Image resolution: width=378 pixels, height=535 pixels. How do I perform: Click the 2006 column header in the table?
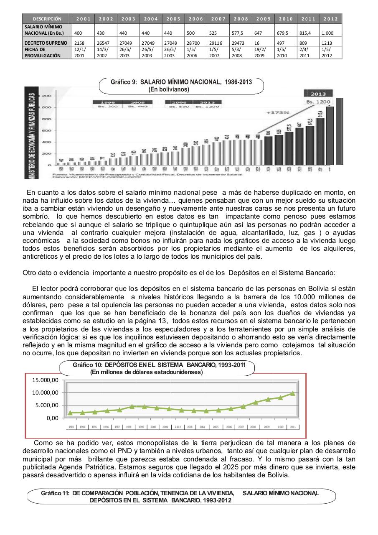point(195,19)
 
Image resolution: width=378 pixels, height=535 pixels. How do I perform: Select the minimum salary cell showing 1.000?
point(327,33)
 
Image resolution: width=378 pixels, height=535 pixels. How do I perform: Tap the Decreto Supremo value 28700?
point(195,43)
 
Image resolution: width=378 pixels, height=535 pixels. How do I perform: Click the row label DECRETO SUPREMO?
point(46,43)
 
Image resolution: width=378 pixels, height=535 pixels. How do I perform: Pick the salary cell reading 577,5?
point(238,33)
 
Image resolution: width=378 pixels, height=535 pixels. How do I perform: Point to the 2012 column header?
point(330,19)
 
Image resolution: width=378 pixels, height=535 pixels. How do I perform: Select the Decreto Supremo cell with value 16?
point(257,43)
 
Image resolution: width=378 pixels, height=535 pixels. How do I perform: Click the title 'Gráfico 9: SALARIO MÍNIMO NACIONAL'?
point(181,82)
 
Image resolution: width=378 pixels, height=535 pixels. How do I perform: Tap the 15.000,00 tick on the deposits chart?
point(46,380)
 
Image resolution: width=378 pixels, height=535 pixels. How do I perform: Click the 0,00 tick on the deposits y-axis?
point(52,418)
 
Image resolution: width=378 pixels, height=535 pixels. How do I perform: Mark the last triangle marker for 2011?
point(293,393)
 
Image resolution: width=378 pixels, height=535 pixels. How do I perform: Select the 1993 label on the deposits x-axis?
point(71,427)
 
